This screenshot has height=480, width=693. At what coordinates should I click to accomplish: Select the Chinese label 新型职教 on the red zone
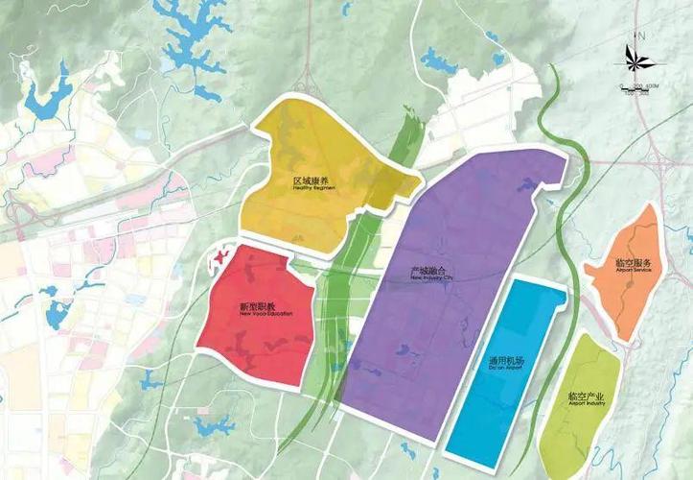pos(256,306)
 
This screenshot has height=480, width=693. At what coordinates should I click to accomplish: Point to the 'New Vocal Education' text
pos(256,314)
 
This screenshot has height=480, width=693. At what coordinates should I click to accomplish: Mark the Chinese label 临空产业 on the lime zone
pos(584,396)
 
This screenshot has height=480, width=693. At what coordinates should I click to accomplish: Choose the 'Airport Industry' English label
pos(584,403)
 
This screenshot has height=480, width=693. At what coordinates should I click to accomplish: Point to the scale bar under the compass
pos(636,88)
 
